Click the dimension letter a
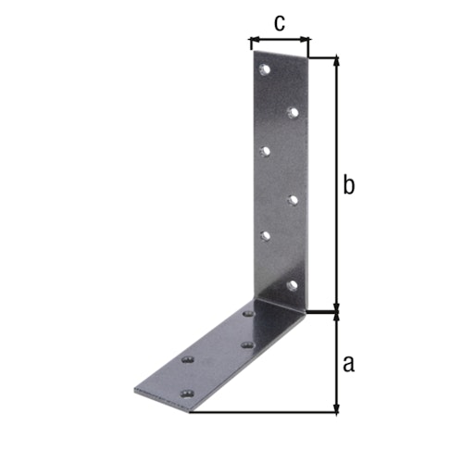(348, 363)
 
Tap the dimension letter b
(348, 185)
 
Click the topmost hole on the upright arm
(265, 69)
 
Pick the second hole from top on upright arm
(293, 112)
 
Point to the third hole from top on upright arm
(265, 149)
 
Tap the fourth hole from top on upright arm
(293, 198)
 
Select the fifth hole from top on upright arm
(265, 235)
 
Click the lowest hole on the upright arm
(293, 283)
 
